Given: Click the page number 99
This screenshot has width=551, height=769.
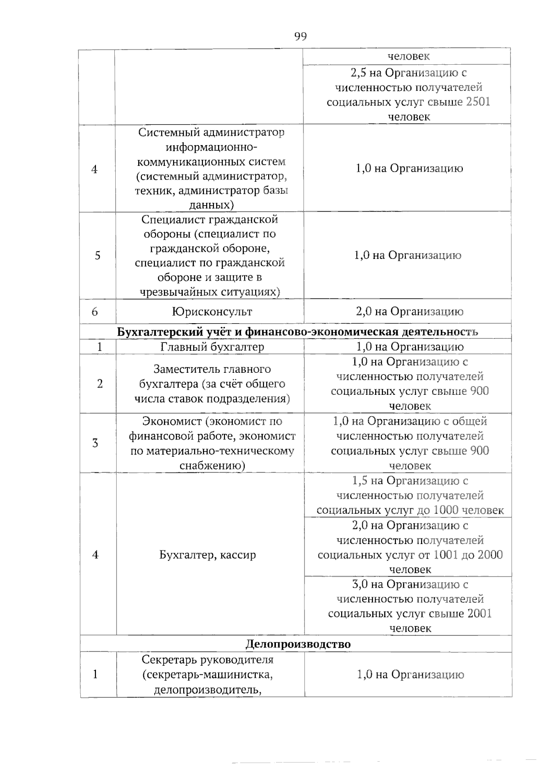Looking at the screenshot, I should (300, 37).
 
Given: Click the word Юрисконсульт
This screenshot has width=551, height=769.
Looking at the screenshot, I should (212, 312).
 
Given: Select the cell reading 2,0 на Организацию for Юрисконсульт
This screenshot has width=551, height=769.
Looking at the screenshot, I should (409, 312).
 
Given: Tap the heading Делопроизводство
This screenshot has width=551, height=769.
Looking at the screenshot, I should (298, 644).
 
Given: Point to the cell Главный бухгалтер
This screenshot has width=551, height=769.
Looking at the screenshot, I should (212, 347).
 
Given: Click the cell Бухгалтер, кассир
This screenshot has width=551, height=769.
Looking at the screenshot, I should (208, 555).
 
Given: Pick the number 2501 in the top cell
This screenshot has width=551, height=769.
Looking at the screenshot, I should (478, 102).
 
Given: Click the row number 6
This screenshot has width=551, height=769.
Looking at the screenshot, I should (95, 312).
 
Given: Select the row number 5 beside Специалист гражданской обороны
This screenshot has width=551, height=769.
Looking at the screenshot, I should (97, 256).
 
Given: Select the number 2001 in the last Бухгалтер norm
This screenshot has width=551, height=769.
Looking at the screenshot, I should (479, 614).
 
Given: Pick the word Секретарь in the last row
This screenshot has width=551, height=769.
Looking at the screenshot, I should (169, 660).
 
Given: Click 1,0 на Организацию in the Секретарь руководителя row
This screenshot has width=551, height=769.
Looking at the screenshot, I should (410, 674).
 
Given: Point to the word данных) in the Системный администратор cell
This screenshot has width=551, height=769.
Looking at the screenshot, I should (212, 205).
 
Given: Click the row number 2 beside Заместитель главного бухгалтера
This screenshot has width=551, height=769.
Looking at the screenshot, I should (100, 384).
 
